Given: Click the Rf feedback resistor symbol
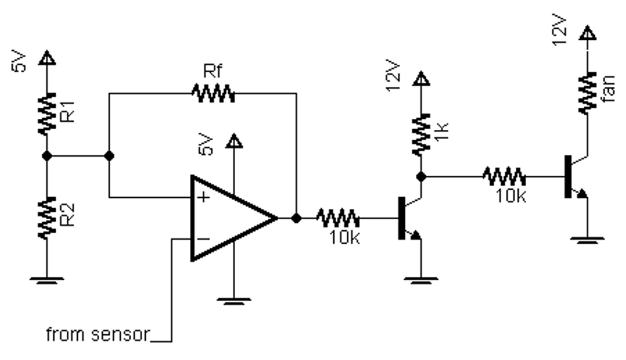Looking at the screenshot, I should [213, 94].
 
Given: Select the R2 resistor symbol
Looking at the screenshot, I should [47, 217].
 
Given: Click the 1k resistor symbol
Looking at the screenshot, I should [421, 135].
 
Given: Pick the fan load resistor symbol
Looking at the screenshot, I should [587, 93].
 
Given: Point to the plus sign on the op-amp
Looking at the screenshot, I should [202, 197].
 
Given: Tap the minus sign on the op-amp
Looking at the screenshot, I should [202, 239].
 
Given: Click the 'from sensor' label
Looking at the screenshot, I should [99, 335].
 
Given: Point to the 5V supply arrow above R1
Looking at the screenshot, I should [47, 59].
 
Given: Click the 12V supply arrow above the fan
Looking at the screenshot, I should [587, 36].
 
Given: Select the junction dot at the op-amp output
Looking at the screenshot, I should [296, 218].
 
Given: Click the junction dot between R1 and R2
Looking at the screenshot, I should [47, 156].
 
